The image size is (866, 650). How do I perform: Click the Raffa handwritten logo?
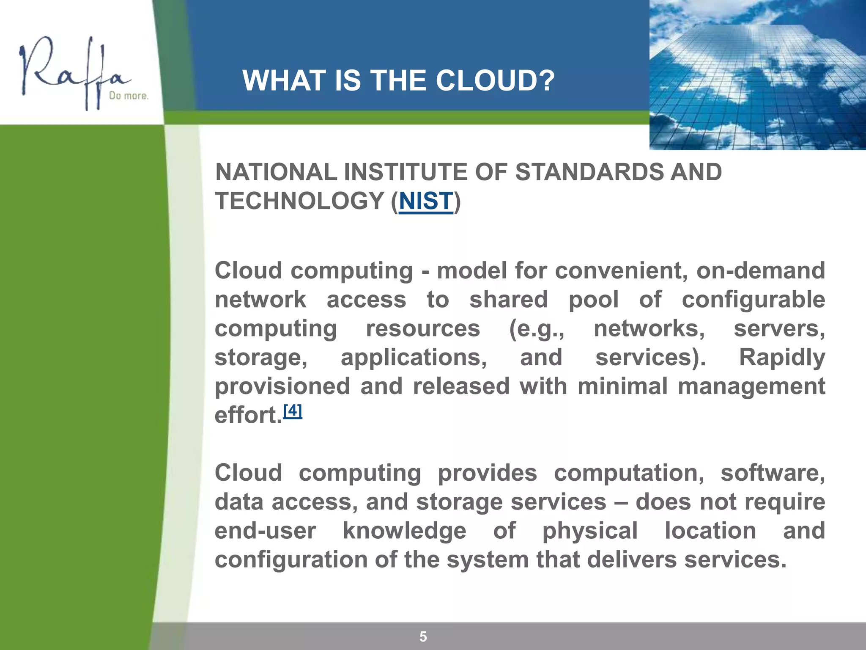(x=72, y=72)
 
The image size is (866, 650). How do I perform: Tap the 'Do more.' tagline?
(x=129, y=96)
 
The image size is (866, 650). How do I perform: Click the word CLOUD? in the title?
(x=495, y=80)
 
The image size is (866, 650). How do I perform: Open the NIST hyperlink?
(x=426, y=201)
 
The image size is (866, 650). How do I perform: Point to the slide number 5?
(x=423, y=636)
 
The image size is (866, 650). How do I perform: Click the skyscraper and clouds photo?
(x=757, y=74)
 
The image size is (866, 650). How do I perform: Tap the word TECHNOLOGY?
(x=299, y=201)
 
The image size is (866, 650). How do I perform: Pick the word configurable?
(x=753, y=300)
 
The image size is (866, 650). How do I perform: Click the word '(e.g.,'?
(x=536, y=329)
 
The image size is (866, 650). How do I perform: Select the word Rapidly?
(x=781, y=357)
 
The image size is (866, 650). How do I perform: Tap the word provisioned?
(x=282, y=386)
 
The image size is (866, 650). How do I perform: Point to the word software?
(x=773, y=473)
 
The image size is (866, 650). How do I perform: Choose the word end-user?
(x=265, y=531)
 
